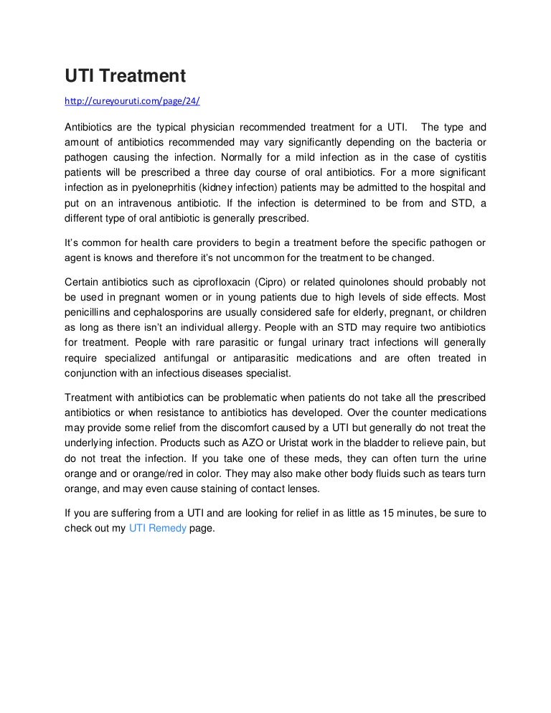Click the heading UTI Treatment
pyautogui.click(x=126, y=75)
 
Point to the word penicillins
pyautogui.click(x=90, y=312)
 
